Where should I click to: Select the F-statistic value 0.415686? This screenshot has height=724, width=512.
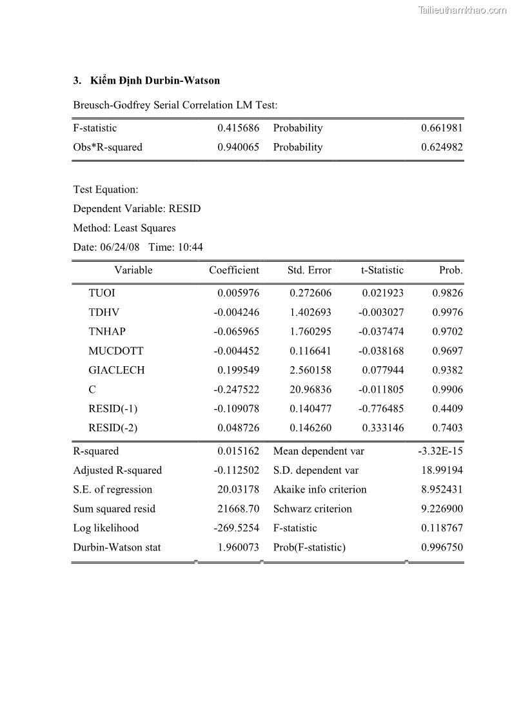[238, 128]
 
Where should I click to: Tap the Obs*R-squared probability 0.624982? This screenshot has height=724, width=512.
[442, 147]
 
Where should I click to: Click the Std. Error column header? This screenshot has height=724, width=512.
[310, 270]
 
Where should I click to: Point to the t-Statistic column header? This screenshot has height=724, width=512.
[382, 270]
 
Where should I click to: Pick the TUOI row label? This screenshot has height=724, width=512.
[102, 293]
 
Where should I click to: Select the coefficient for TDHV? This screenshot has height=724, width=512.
[236, 312]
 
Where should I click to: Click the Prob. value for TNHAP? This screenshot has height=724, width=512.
[448, 331]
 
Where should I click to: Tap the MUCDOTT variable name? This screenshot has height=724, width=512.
[116, 351]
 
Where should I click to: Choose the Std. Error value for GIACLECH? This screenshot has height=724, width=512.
[310, 370]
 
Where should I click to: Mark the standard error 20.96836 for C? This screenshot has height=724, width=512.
[310, 389]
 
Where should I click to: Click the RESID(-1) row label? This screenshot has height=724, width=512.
[113, 409]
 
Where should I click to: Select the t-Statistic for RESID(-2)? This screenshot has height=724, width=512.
[383, 427]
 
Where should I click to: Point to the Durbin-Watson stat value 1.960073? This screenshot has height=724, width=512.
[238, 547]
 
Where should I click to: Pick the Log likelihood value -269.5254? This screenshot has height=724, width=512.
[236, 528]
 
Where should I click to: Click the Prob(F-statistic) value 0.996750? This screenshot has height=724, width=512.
[442, 547]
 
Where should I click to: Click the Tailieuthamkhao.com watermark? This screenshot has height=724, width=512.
[462, 10]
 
